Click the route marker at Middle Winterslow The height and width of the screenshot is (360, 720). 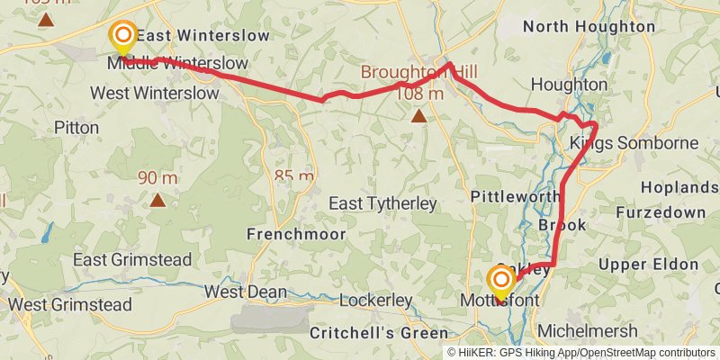point(122,37)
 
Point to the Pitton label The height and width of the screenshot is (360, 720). point(76,128)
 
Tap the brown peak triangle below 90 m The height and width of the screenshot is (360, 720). point(157,200)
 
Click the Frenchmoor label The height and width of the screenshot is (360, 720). point(286,234)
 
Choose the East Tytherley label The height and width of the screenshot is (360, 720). point(382,204)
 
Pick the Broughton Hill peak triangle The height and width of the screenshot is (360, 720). point(418,116)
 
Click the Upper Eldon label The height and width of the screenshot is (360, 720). point(648,264)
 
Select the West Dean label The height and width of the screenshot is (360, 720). point(246,292)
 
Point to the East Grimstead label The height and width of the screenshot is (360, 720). point(132,259)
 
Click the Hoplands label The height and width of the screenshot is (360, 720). point(679,187)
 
